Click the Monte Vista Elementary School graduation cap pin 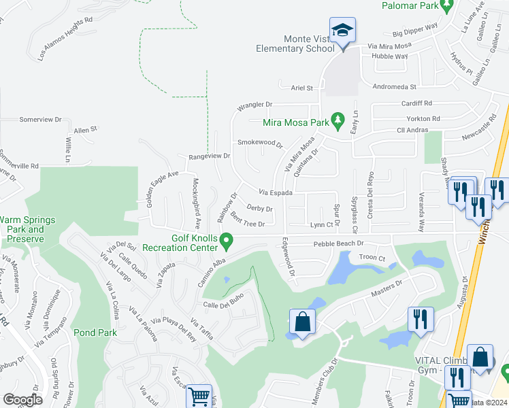click(x=342, y=32)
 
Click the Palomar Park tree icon click(x=446, y=6)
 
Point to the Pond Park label click(x=97, y=333)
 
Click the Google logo click(x=22, y=400)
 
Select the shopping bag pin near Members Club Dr click(x=301, y=323)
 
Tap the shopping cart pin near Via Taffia click(x=199, y=396)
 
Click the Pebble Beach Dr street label click(x=339, y=243)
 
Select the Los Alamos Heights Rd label click(x=65, y=39)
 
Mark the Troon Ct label click(x=372, y=258)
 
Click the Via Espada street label click(x=276, y=193)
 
